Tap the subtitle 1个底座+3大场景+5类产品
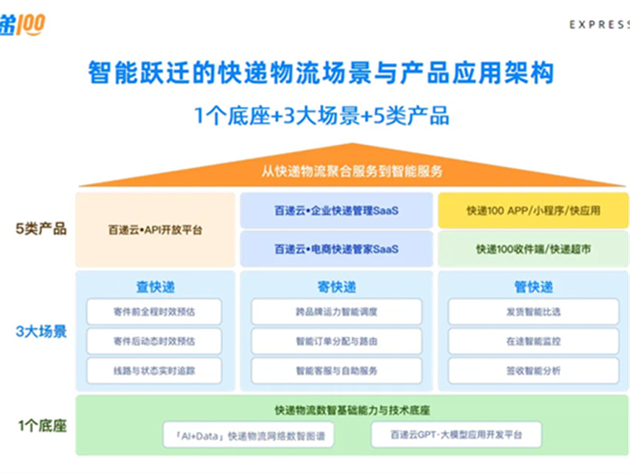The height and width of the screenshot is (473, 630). [x=321, y=116]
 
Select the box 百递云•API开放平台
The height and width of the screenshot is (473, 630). [x=155, y=230]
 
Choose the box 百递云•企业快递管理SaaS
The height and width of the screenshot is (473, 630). [x=336, y=210]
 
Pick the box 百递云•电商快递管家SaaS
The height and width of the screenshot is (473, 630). [x=336, y=249]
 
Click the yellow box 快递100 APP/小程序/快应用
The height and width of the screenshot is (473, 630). [x=533, y=210]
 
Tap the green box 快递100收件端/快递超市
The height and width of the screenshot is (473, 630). [x=533, y=249]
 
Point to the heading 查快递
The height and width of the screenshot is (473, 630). [x=155, y=287]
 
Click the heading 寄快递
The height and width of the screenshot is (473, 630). [x=336, y=287]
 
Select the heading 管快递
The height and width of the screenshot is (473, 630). [x=533, y=287]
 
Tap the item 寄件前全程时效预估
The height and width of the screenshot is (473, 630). [x=154, y=312]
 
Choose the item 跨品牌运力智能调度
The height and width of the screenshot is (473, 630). [x=336, y=312]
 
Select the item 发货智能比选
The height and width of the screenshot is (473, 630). [x=533, y=312]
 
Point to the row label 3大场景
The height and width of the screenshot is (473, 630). [x=42, y=332]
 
